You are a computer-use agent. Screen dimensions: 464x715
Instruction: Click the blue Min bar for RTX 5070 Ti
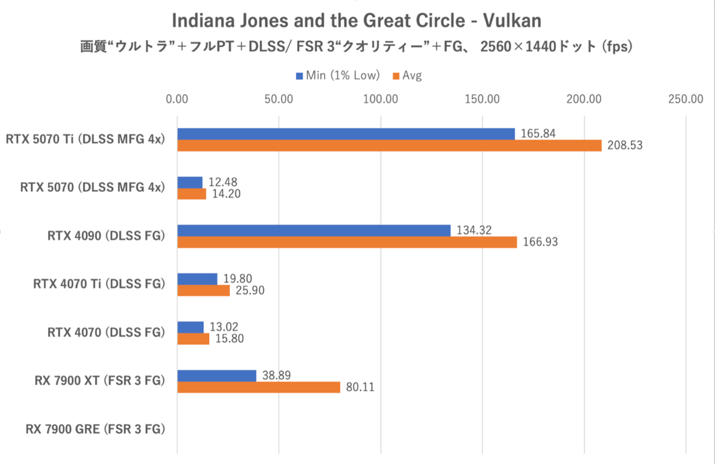346,134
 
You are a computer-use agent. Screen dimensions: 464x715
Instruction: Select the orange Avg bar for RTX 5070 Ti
389,145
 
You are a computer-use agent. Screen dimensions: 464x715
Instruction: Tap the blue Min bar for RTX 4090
313,231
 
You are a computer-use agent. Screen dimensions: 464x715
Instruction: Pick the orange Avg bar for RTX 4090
347,242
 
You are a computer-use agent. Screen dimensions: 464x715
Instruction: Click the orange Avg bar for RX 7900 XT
259,387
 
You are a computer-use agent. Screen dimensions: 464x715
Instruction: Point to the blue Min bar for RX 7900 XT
217,376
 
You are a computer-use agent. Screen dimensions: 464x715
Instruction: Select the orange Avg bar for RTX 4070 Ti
203,291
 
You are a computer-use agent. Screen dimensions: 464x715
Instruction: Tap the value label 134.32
474,231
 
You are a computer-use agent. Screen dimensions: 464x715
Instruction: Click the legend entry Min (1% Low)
338,76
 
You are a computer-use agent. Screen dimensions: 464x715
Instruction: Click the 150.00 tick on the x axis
483,99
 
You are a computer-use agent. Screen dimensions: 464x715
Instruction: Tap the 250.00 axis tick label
686,99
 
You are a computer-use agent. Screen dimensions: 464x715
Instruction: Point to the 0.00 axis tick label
176,99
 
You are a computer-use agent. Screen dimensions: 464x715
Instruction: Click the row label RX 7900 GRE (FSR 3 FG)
95,429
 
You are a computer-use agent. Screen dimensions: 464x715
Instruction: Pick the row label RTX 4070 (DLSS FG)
105,332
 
